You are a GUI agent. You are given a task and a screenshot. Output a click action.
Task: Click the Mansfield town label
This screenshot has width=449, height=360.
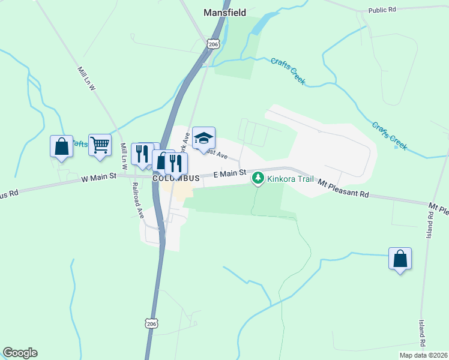coord(225,12)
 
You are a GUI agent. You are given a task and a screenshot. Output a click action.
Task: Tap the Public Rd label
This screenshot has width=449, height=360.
coord(383,10)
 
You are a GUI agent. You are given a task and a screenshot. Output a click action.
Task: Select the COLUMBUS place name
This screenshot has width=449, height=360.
coord(175,178)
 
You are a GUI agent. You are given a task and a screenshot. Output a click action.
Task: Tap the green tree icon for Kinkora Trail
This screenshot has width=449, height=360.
coord(258,178)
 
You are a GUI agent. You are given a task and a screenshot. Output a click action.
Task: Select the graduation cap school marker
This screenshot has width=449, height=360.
coord(203,139)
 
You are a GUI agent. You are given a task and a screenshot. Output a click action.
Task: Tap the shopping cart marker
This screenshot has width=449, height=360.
coord(100,144)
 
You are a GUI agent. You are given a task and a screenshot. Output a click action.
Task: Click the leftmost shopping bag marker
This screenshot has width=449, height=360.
coord(61,146)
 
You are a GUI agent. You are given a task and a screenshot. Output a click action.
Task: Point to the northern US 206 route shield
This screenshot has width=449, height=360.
coord(213,44)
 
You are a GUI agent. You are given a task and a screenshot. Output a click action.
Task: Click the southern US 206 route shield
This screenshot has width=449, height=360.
coord(152,323)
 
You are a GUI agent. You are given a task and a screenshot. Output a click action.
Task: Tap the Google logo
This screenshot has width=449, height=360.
coord(20,353)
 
